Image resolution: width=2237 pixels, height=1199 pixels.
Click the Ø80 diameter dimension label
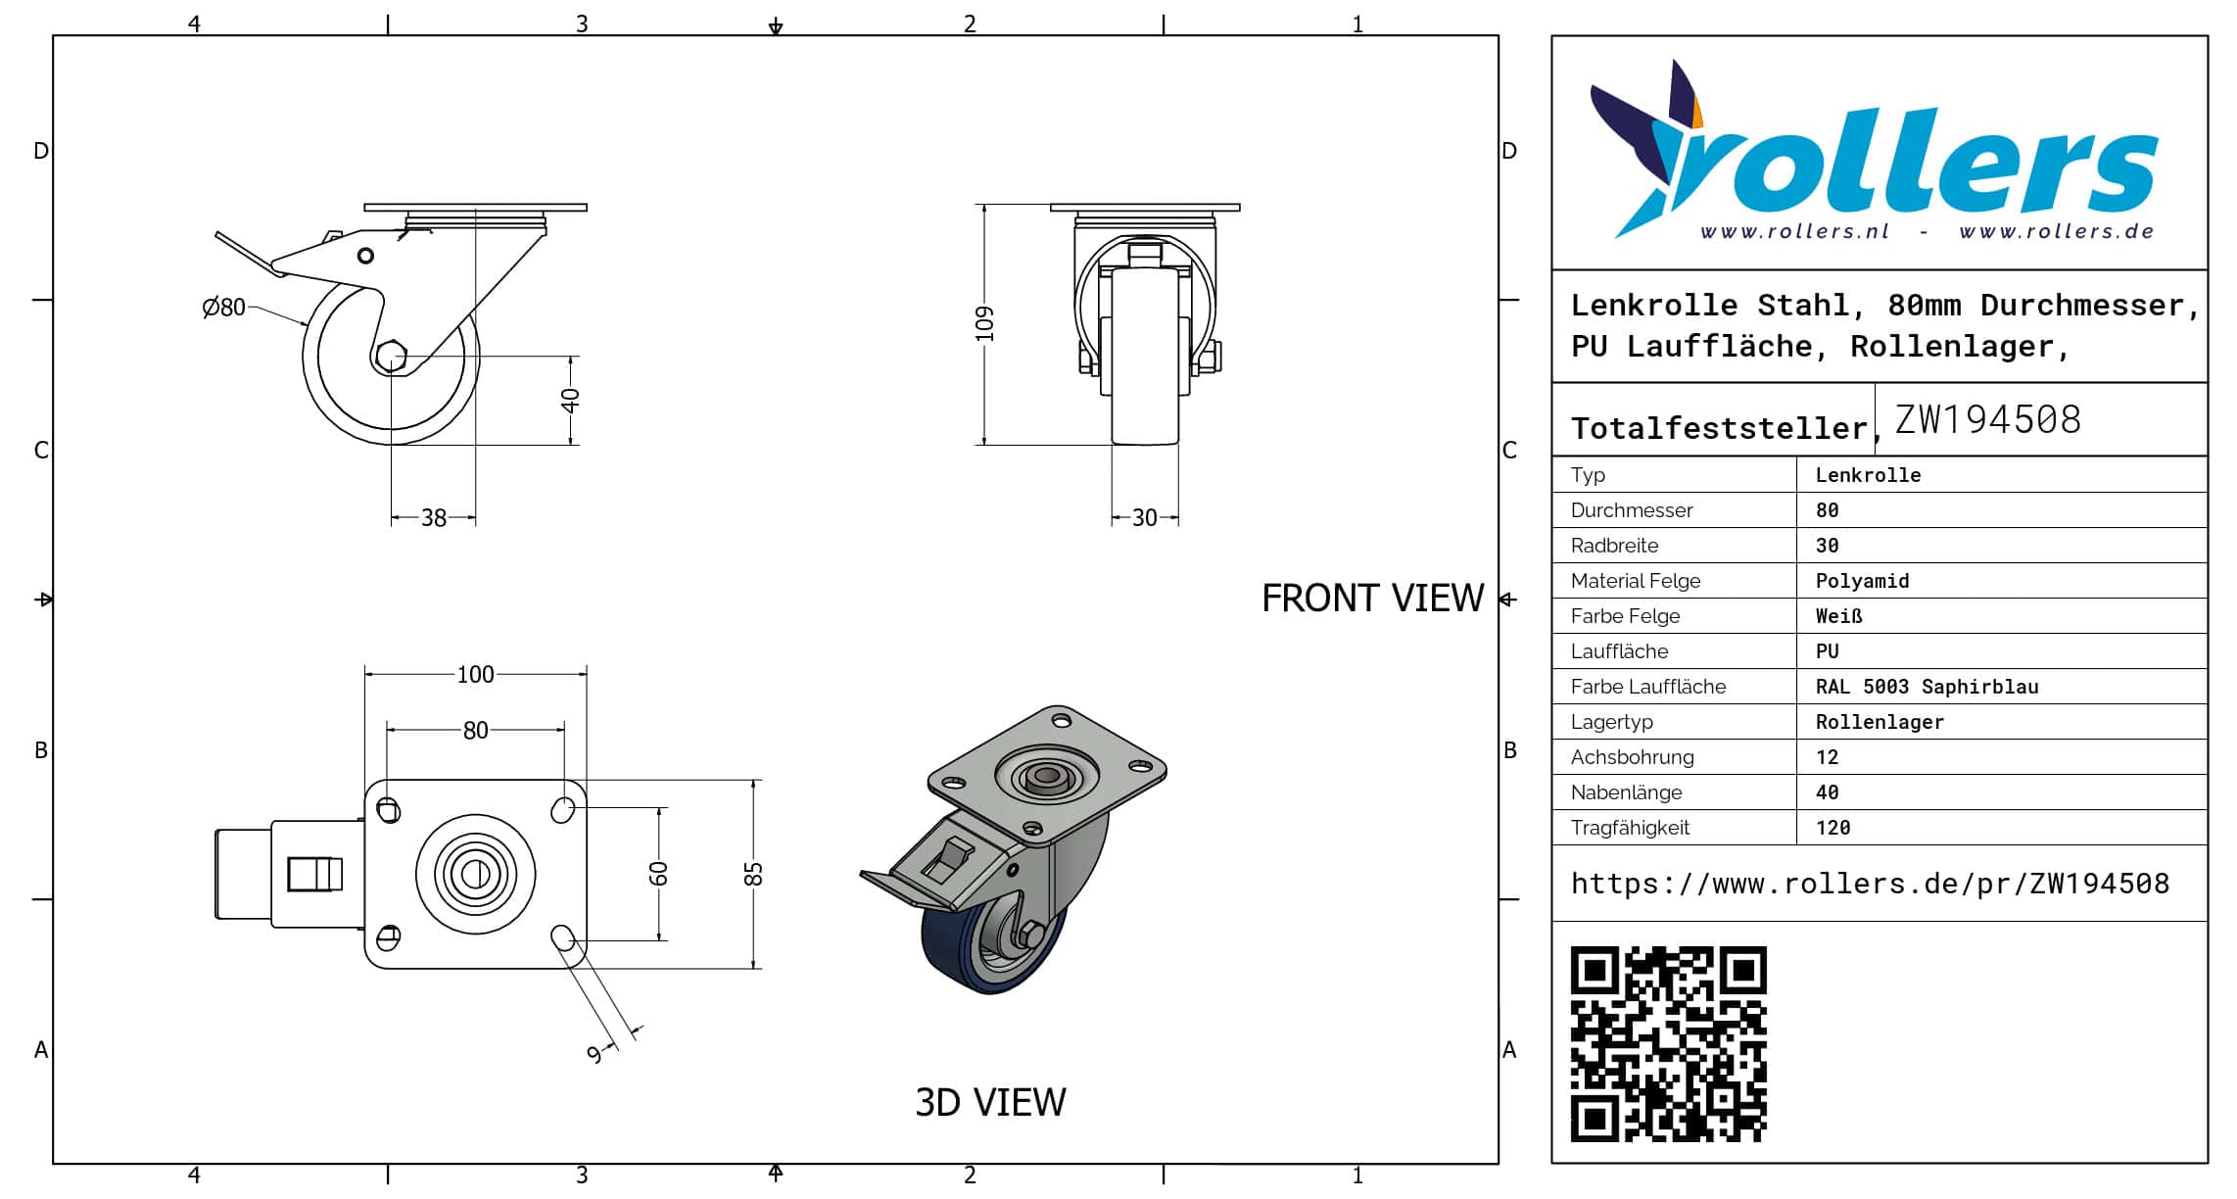223,308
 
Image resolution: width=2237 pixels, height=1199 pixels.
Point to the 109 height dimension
984,324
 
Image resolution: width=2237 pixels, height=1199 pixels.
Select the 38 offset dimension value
434,517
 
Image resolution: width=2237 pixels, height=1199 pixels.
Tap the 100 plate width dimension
475,674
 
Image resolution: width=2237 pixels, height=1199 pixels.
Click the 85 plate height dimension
753,874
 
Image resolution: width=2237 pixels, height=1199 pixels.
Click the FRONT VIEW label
1372,599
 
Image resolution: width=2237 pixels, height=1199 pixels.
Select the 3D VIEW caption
990,1102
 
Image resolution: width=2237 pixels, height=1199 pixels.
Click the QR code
1668,1043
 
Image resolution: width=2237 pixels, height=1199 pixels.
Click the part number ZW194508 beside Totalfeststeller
1987,419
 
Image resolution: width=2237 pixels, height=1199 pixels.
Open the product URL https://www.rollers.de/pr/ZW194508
1870,884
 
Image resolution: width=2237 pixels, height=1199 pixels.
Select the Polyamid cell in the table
1862,581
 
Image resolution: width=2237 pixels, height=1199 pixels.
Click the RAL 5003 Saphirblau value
1927,687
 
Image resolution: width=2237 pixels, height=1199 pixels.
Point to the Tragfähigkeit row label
1630,828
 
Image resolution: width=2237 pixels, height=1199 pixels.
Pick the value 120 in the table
1832,828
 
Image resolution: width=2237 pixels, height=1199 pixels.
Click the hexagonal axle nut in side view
391,357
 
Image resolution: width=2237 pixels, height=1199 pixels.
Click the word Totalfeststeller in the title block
1720,428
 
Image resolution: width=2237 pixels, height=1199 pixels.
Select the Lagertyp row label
1611,722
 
